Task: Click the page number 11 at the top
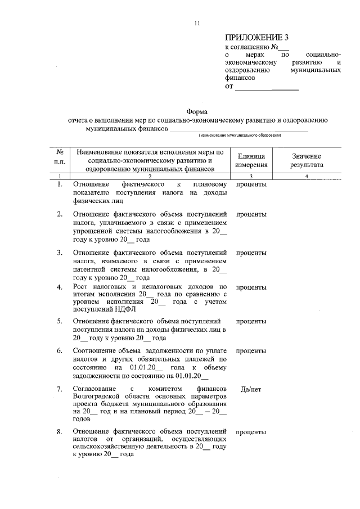point(197,23)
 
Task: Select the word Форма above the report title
point(197,111)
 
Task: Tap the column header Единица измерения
point(251,160)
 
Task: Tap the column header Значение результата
point(307,160)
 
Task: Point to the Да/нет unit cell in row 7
point(251,389)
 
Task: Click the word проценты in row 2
point(251,215)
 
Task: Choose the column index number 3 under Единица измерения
point(251,177)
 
